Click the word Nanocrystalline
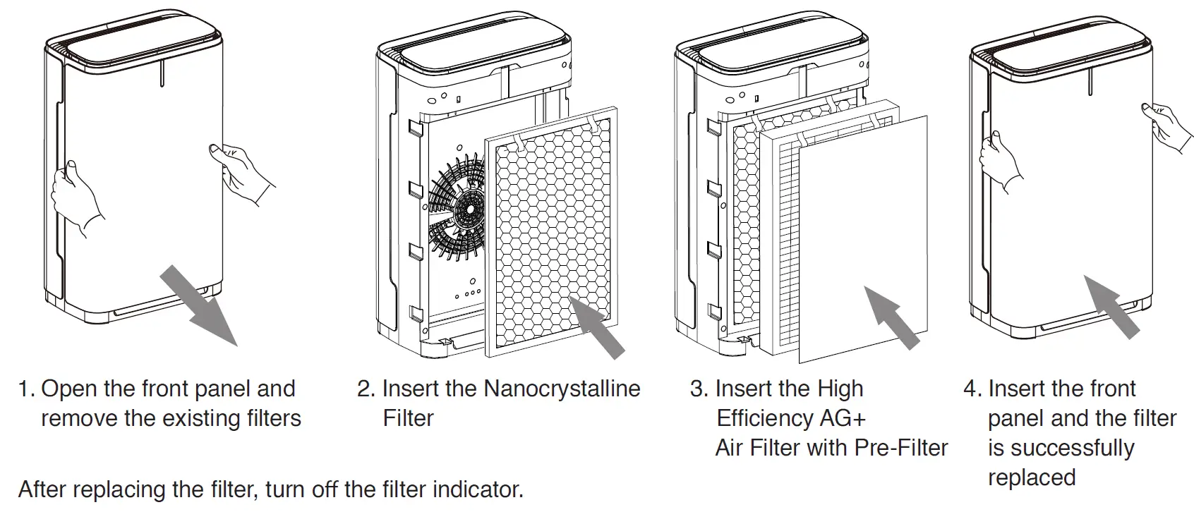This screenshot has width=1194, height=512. pyautogui.click(x=562, y=389)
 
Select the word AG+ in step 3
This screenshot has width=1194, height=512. pyautogui.click(x=842, y=418)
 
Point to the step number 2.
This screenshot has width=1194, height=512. pyautogui.click(x=365, y=389)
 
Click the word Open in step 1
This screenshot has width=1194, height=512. pyautogui.click(x=70, y=389)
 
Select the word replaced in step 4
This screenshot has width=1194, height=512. pyautogui.click(x=1031, y=477)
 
